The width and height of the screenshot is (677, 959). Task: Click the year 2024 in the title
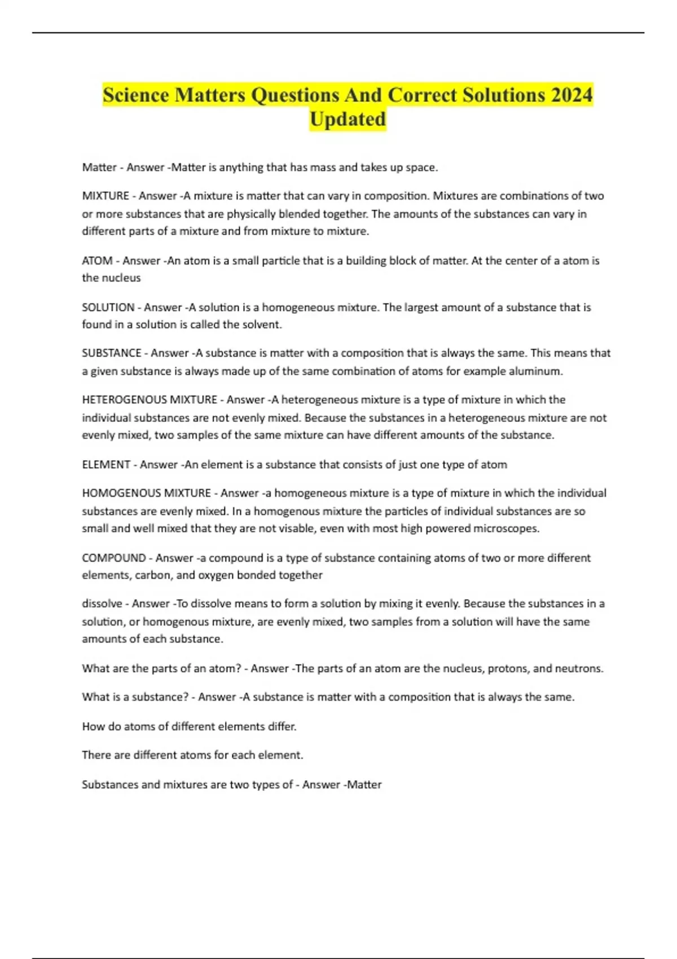[572, 95]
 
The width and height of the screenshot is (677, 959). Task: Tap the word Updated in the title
[348, 119]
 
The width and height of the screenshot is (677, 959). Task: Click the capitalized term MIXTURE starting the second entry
[105, 196]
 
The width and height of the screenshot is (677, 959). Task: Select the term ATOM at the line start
[97, 261]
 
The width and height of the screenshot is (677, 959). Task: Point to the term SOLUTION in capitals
[108, 307]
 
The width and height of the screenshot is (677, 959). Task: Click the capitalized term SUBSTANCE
[112, 353]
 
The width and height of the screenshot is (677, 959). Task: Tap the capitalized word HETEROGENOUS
[124, 400]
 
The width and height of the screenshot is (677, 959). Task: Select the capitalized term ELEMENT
[106, 465]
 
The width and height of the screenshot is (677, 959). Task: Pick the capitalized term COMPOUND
[114, 558]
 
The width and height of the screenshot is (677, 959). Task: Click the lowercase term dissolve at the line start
[102, 604]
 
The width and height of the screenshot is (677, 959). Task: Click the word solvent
[262, 324]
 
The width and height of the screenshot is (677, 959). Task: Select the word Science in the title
[136, 95]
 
